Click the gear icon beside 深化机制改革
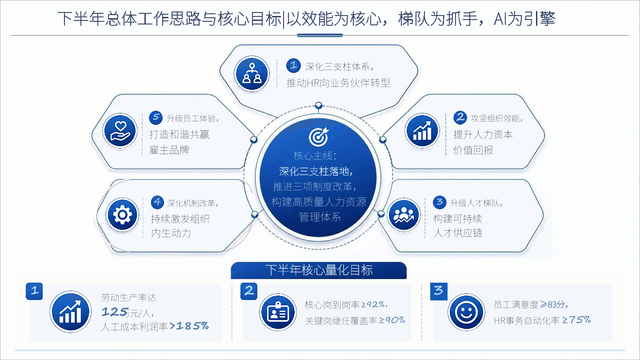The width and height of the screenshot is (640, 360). click(x=122, y=215)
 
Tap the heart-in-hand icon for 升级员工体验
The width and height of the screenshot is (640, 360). click(x=120, y=131)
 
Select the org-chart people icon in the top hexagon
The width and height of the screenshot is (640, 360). click(x=252, y=74)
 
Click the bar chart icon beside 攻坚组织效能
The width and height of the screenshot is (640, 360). click(x=422, y=131)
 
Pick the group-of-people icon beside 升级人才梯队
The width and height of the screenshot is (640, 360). click(x=404, y=215)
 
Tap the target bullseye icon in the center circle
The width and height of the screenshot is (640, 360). click(x=319, y=136)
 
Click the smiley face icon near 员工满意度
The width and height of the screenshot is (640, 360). click(x=466, y=312)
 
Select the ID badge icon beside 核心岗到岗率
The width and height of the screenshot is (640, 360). click(x=278, y=312)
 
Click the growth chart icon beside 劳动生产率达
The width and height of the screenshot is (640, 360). click(x=71, y=312)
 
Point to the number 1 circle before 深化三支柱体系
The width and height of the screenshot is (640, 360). click(x=293, y=65)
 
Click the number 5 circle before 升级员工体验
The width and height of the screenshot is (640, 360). click(x=156, y=117)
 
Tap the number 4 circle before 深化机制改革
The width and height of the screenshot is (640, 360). click(x=157, y=202)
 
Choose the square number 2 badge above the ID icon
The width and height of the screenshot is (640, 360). click(x=249, y=291)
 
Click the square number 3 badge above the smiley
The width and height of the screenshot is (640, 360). click(x=439, y=291)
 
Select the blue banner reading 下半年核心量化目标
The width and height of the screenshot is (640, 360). click(x=319, y=270)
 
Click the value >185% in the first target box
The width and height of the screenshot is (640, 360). click(x=189, y=326)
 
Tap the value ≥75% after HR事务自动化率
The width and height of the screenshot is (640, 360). click(x=576, y=320)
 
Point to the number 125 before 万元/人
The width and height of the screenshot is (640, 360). click(x=115, y=312)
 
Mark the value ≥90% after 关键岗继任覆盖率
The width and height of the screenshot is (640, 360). click(x=392, y=320)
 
